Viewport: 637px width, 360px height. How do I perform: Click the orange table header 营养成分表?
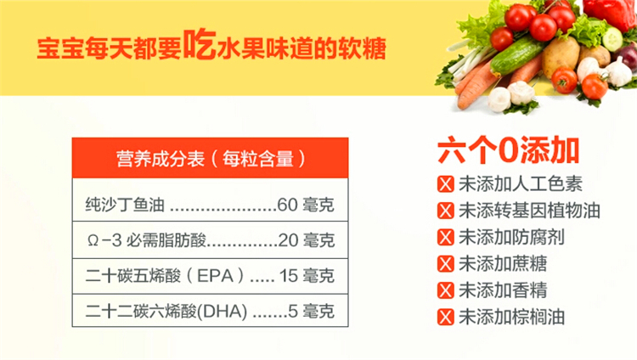click(211, 159)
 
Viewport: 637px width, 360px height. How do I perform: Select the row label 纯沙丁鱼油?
click(126, 205)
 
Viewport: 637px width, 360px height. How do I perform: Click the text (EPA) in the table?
click(217, 276)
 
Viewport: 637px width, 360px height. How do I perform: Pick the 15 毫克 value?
click(307, 276)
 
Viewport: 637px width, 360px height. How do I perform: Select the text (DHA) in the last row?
click(223, 312)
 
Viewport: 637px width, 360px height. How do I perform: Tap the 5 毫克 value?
click(311, 312)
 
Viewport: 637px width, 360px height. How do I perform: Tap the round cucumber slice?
click(612, 38)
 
